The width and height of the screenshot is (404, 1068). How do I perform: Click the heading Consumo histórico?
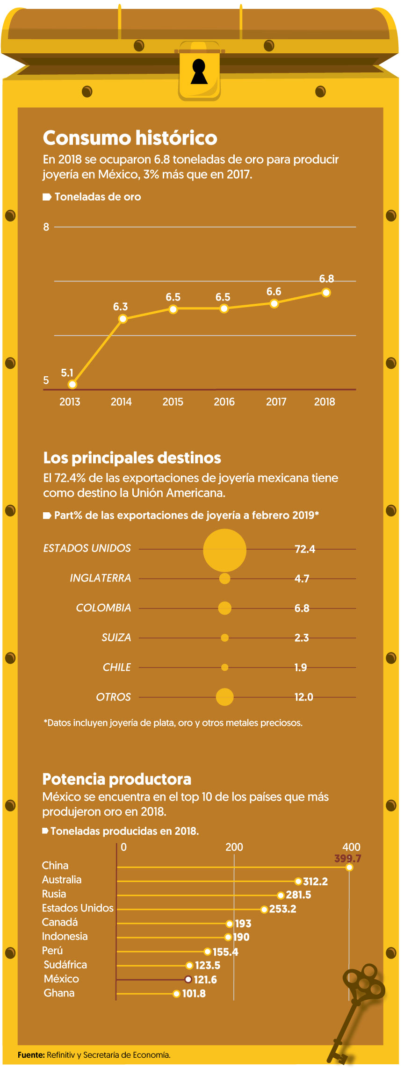tap(130, 138)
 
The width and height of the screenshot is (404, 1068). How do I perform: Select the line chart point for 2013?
tap(72, 384)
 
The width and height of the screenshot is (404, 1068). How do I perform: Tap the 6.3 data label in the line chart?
tap(120, 307)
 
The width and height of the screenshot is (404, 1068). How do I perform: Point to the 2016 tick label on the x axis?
tap(224, 402)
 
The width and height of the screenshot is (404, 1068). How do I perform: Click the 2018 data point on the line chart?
tap(326, 293)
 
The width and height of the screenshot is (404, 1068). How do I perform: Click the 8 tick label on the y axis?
tap(46, 227)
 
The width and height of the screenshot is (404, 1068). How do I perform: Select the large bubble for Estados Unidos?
tap(224, 550)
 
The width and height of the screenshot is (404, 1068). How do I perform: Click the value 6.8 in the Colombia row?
tap(302, 608)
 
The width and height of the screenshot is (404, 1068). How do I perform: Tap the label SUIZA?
tap(116, 638)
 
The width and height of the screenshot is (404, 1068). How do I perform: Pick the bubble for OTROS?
tap(224, 697)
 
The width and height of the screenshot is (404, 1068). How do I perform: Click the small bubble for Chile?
tap(224, 667)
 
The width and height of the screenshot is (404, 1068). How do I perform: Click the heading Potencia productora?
tap(116, 779)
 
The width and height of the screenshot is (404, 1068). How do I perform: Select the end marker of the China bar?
tap(349, 867)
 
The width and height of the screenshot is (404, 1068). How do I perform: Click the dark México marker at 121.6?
tap(188, 979)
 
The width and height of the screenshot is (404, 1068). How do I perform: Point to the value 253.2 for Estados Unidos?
tap(282, 909)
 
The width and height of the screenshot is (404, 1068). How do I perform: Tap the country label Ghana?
tap(59, 993)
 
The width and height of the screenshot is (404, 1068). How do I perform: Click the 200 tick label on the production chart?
tap(234, 847)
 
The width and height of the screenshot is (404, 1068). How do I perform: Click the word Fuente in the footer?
tap(31, 1055)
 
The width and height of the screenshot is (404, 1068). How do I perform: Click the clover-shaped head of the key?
tap(365, 982)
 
